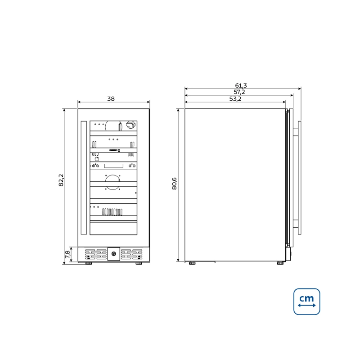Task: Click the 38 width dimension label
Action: pyautogui.click(x=111, y=99)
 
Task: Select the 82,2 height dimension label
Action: pyautogui.click(x=61, y=180)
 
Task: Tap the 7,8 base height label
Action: pyautogui.click(x=67, y=254)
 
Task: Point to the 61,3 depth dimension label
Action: pyautogui.click(x=241, y=85)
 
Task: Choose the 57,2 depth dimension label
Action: pyautogui.click(x=239, y=92)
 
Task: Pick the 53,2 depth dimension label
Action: pyautogui.click(x=235, y=99)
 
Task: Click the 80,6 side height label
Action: pyautogui.click(x=174, y=184)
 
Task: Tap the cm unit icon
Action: pyautogui.click(x=307, y=301)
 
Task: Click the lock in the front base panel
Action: pyautogui.click(x=114, y=254)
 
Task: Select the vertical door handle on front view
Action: pyautogui.click(x=84, y=178)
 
